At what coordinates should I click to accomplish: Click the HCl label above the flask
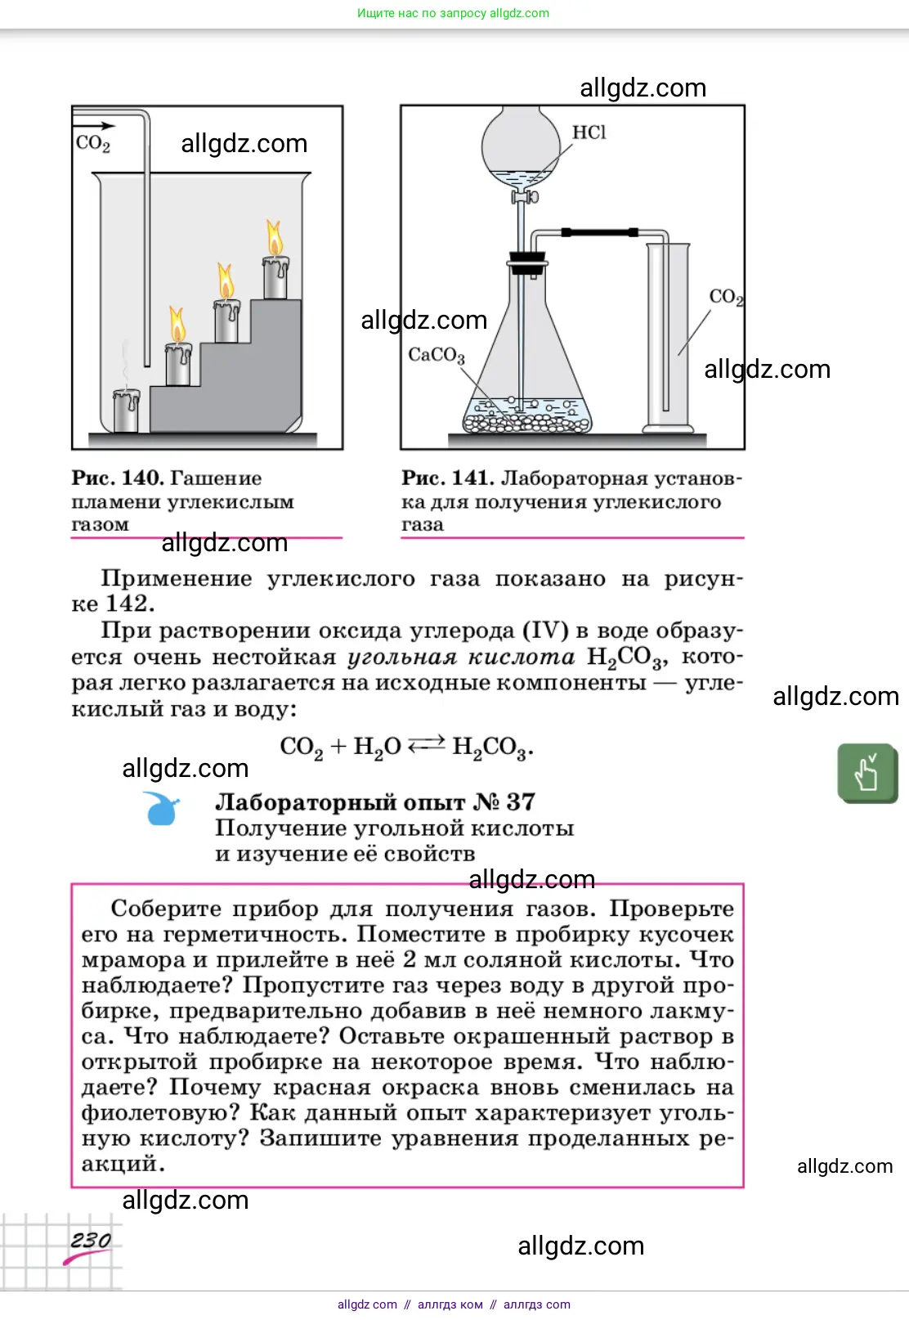point(589,132)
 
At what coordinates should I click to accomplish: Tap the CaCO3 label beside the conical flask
point(436,355)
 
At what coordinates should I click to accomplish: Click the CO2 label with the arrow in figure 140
point(92,143)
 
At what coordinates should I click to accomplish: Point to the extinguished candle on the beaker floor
point(126,410)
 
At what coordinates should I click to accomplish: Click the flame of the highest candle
point(275,238)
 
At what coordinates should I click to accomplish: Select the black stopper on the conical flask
point(526,263)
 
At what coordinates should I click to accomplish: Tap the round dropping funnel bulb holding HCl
point(521,147)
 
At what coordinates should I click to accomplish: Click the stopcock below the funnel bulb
point(525,197)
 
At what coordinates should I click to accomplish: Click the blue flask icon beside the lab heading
point(161,809)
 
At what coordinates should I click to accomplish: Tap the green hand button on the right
point(867,772)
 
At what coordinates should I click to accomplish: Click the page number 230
point(91,1241)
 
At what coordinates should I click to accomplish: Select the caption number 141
point(472,478)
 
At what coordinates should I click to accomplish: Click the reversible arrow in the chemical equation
point(426,745)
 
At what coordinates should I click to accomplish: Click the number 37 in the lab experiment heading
point(520,801)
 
